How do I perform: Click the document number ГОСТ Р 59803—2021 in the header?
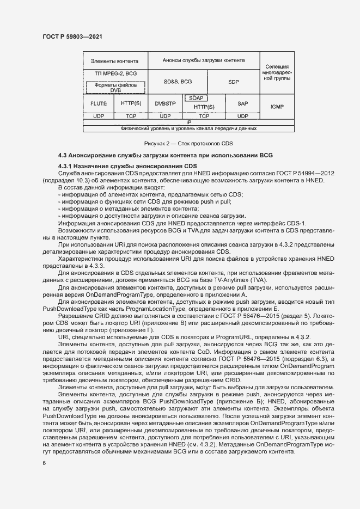pyautogui.click(x=72, y=36)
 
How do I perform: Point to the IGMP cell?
pyautogui.click(x=277, y=107)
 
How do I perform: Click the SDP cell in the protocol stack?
pyautogui.click(x=234, y=81)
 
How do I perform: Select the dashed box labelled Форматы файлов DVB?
pyautogui.click(x=115, y=87)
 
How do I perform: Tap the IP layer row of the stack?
pyautogui.click(x=188, y=122)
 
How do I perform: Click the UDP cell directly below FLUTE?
pyautogui.click(x=98, y=116)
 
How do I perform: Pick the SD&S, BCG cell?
pyautogui.click(x=178, y=81)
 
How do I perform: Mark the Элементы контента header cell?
pyautogui.click(x=114, y=61)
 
